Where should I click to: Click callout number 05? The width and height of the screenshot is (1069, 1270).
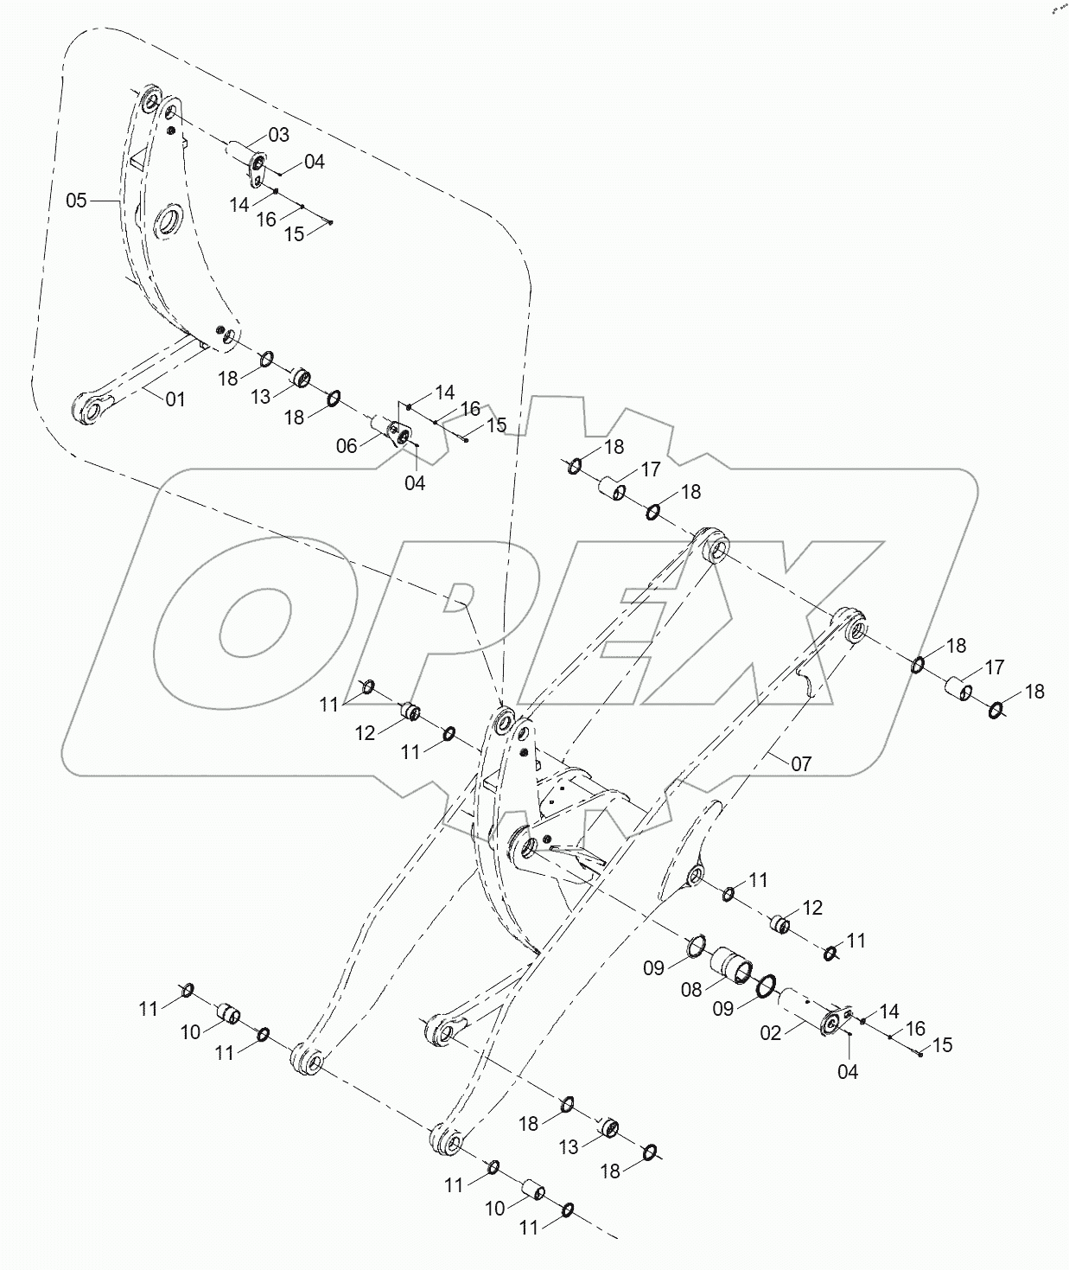coord(76,201)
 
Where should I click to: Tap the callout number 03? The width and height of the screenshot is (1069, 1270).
coord(278,135)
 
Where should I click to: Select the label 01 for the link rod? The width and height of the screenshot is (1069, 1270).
coord(175,399)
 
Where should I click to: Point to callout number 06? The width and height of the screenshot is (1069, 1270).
coord(347,446)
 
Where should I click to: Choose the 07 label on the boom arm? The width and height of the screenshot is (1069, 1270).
coord(801,764)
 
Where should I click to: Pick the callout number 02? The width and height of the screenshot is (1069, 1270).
coord(770,1032)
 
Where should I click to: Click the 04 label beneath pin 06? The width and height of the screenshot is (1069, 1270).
coord(415,483)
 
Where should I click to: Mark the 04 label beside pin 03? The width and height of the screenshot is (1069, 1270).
coord(314,162)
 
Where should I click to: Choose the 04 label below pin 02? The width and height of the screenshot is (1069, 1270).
coord(848,1072)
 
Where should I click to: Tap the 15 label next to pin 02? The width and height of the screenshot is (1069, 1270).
coord(942,1045)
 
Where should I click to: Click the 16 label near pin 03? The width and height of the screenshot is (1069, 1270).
coord(266,220)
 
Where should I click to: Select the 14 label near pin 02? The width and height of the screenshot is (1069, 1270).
coord(889,1012)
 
